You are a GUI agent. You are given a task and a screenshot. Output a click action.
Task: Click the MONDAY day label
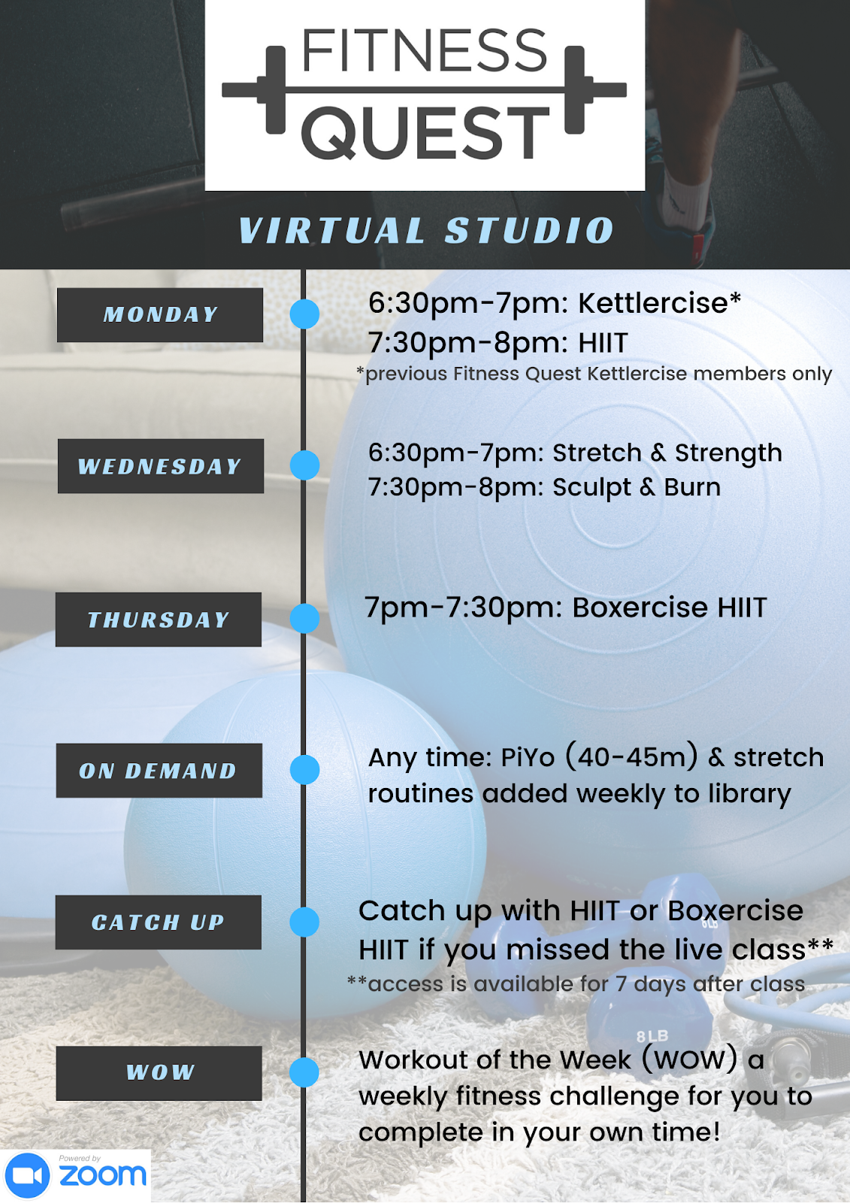[160, 314]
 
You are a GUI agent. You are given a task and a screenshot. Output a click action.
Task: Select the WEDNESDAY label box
[160, 466]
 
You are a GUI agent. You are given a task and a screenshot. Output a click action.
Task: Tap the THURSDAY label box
[159, 620]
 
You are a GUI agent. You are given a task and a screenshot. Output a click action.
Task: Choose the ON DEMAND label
[159, 771]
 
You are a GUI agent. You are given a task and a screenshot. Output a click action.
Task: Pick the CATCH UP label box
[159, 922]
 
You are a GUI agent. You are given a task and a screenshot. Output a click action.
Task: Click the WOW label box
[159, 1073]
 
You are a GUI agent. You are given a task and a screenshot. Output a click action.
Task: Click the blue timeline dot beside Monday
[304, 314]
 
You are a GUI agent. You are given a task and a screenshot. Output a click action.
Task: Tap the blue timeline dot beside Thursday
[304, 618]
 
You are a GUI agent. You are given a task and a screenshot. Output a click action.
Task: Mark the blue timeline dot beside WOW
[304, 1072]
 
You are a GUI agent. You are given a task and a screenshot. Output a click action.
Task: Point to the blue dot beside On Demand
[304, 770]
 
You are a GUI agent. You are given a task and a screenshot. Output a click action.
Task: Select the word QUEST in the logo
[425, 133]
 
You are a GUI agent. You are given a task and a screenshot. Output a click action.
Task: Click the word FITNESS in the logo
[425, 51]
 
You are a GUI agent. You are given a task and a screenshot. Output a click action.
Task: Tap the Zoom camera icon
[28, 1175]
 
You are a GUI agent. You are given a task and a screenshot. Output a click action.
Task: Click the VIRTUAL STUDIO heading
[426, 230]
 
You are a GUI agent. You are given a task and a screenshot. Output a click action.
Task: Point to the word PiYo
[528, 758]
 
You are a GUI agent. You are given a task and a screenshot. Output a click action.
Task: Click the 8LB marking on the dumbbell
[652, 1037]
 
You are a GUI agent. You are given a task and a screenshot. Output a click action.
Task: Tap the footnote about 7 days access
[576, 984]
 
